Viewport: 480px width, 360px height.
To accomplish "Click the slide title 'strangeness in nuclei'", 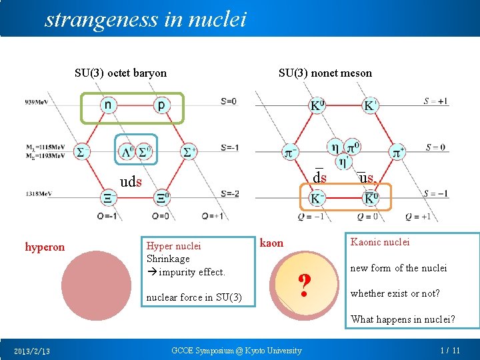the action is (145, 19).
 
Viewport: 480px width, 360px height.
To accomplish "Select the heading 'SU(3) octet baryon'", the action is (121, 73).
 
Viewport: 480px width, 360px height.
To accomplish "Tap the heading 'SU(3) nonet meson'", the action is (325, 73).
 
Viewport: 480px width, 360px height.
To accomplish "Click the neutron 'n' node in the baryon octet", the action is (107, 105).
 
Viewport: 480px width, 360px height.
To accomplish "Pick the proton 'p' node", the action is (161, 105).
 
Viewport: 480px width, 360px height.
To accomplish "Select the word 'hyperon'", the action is (45, 247).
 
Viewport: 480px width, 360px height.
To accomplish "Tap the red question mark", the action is (304, 287).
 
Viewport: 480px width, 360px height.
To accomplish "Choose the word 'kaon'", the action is (271, 243).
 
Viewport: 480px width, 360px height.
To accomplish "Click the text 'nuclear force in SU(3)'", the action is (193, 297).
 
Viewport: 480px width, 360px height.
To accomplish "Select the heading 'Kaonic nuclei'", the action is (380, 242).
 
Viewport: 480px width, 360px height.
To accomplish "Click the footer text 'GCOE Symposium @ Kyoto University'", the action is (237, 351).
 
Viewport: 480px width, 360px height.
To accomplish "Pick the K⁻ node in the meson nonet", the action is (317, 198).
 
